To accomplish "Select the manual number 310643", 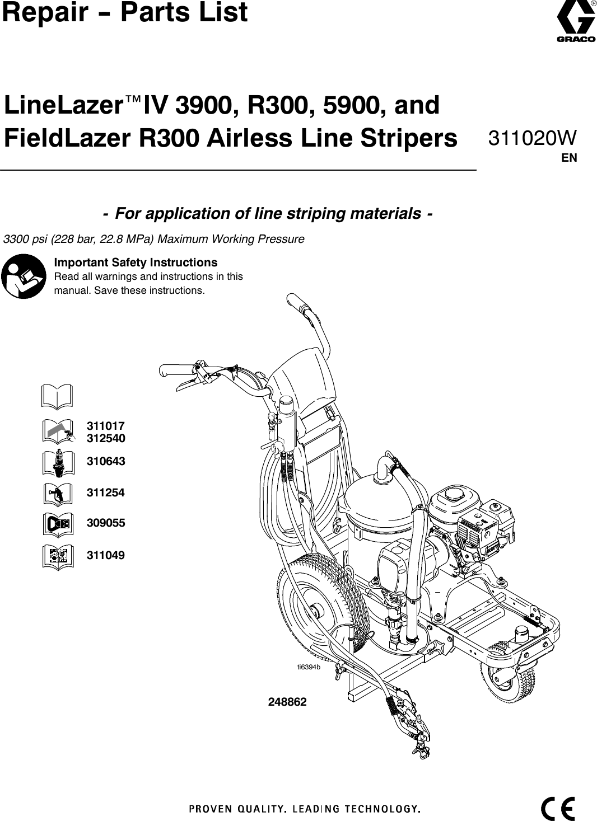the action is pyautogui.click(x=106, y=462).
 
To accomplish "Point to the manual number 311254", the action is pyautogui.click(x=106, y=493).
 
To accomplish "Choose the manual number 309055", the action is pyautogui.click(x=106, y=523).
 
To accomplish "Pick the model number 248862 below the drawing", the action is pyautogui.click(x=288, y=702).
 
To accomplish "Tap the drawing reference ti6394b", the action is pyautogui.click(x=309, y=667).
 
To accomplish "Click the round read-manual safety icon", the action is pyautogui.click(x=24, y=276).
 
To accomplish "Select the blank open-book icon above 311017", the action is pyautogui.click(x=57, y=396).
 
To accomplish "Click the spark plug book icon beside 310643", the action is pyautogui.click(x=57, y=462).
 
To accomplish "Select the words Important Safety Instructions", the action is pyautogui.click(x=136, y=262).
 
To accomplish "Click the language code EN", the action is pyautogui.click(x=569, y=158).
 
